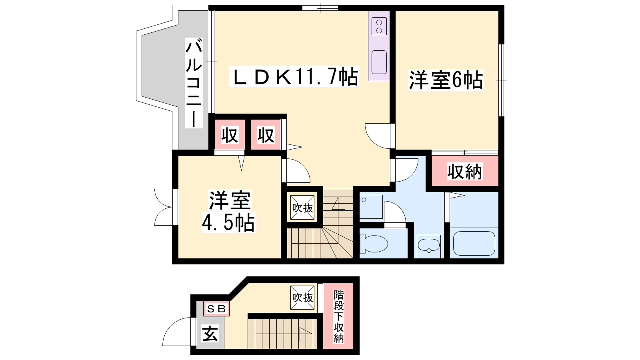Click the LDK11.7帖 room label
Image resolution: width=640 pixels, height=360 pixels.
click(294, 76)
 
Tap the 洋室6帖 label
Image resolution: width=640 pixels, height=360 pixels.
click(446, 80)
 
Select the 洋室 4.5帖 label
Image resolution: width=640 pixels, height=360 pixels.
click(229, 211)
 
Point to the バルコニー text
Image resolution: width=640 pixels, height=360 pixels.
click(194, 83)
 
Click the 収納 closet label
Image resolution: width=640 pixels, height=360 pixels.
click(465, 172)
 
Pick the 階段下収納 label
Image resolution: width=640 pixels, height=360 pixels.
click(338, 316)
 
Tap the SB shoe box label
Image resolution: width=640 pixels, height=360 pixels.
click(216, 308)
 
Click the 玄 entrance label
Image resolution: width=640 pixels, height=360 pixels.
click(210, 334)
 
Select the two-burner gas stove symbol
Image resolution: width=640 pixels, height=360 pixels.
click(379, 26)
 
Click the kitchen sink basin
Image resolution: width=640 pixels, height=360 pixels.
click(379, 62)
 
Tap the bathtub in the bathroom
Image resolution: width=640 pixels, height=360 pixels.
click(474, 243)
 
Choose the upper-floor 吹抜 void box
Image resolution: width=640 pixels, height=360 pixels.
click(302, 208)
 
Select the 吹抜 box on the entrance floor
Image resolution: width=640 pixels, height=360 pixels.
click(302, 298)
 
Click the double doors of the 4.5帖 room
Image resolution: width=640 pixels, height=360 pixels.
click(164, 207)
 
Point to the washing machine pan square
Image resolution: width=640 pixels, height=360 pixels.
click(371, 206)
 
